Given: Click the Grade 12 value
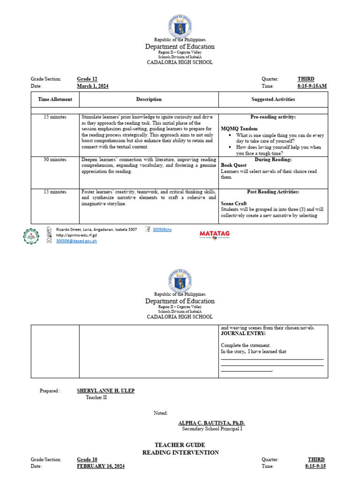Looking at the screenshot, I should pyautogui.click(x=87, y=79).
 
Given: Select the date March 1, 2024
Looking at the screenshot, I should pyautogui.click(x=93, y=86).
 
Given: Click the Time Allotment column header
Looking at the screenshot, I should pyautogui.click(x=55, y=99).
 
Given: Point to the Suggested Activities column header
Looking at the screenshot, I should pyautogui.click(x=273, y=99).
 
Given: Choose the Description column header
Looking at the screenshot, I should pyautogui.click(x=149, y=99).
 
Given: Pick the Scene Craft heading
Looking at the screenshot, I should pyautogui.click(x=234, y=204).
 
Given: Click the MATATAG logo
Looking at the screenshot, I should pyautogui.click(x=215, y=234).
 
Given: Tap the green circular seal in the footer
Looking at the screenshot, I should pyautogui.click(x=31, y=236).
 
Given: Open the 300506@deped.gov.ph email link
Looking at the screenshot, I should pyautogui.click(x=76, y=241).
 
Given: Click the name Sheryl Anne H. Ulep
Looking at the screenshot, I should pyautogui.click(x=105, y=391).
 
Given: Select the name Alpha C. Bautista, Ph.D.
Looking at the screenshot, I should pyautogui.click(x=212, y=423).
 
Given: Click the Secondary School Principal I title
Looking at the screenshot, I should pyautogui.click(x=212, y=428).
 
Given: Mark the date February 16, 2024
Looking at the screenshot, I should pyautogui.click(x=101, y=466).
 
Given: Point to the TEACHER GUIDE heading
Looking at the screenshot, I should pyautogui.click(x=180, y=445).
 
